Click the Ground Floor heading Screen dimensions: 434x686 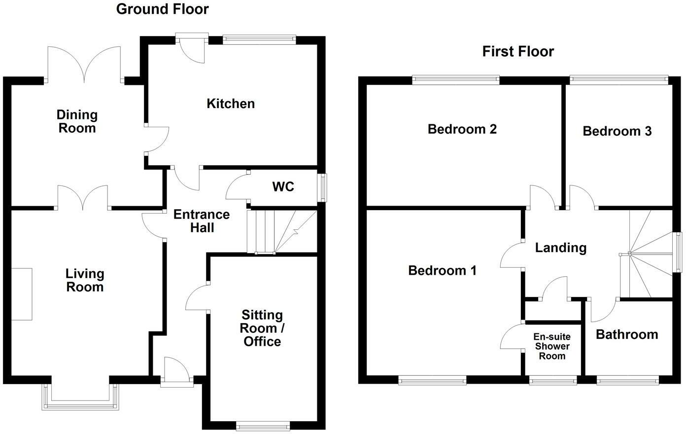(x=162, y=9)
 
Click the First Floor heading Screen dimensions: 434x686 (x=518, y=51)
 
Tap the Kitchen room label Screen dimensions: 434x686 (x=231, y=104)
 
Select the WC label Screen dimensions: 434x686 (x=283, y=187)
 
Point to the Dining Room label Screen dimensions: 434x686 (x=77, y=121)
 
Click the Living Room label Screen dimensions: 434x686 (x=85, y=280)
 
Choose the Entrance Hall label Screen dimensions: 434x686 (x=202, y=221)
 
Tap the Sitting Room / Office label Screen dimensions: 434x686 (x=262, y=328)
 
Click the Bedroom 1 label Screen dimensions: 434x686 (x=442, y=270)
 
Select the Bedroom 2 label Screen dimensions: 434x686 (x=462, y=129)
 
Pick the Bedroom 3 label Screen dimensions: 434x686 (x=617, y=131)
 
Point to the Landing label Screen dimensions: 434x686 (x=561, y=248)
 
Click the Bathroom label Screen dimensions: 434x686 (x=627, y=334)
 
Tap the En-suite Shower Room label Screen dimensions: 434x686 (x=552, y=346)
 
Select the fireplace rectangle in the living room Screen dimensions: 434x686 (x=22, y=294)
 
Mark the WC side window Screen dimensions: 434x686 (x=323, y=187)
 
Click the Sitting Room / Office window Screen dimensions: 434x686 (x=263, y=425)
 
